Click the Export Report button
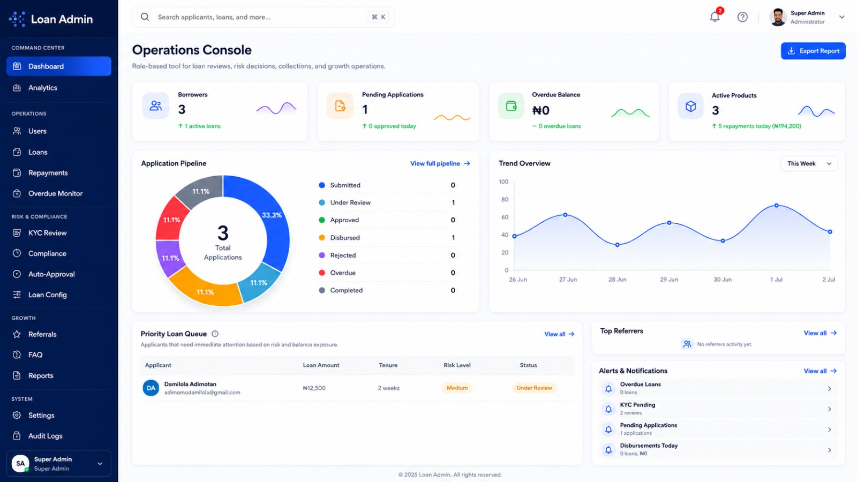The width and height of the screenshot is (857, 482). pos(813,51)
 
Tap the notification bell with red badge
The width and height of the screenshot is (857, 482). pos(715,17)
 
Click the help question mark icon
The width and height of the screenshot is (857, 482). pos(742,17)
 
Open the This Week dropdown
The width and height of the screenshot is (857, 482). pos(809,164)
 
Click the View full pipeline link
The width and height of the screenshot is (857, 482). pos(440,163)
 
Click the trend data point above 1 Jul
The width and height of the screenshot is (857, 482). pos(776,206)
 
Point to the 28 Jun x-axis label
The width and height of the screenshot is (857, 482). pos(618,280)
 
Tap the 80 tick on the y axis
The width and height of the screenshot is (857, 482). pos(505,199)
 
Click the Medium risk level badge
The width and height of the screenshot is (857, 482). pos(457,388)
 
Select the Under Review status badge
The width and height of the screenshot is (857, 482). pos(534,388)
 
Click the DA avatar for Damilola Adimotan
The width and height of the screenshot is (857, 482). pos(151,388)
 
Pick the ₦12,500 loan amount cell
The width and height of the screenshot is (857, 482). pos(314,388)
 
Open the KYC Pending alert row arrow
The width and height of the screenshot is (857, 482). pos(829,409)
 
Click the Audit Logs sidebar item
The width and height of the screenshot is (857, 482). pos(45,436)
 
